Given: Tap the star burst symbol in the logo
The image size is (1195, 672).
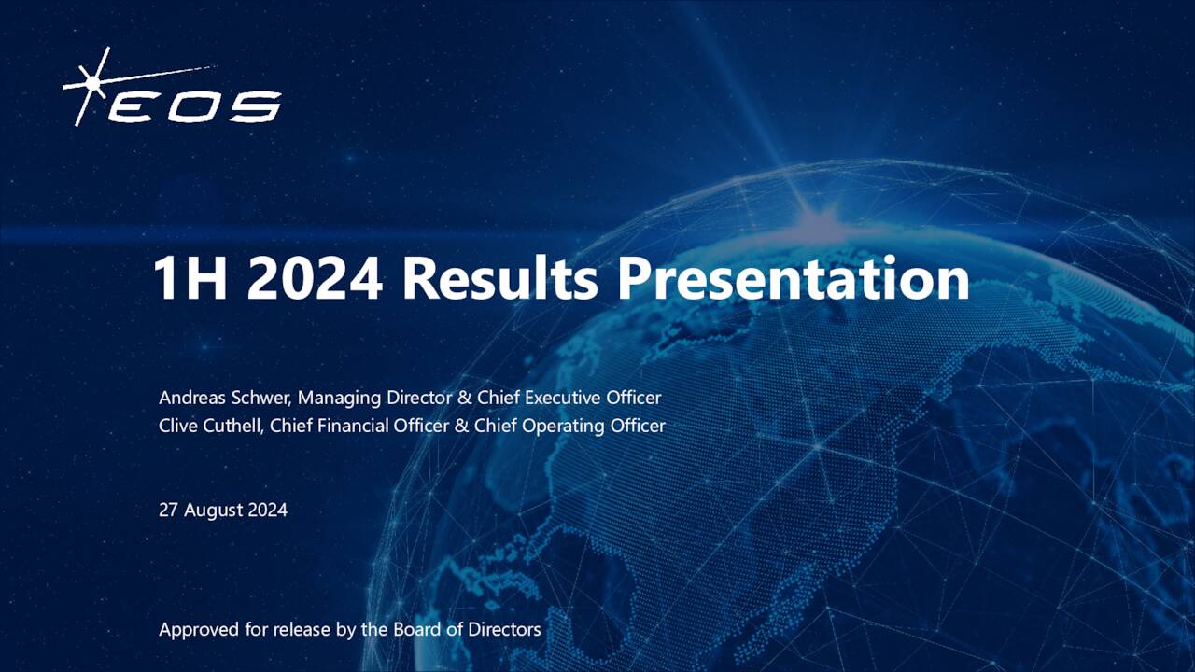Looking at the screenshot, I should pos(93,84).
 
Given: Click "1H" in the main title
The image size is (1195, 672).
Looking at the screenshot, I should pos(190,279).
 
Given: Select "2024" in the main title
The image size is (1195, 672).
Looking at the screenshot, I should pos(316,279).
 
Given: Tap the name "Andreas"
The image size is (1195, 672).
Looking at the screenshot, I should pos(192,398).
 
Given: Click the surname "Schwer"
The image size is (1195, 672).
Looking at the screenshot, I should pos(262,398).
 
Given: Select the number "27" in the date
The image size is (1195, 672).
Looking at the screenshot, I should pos(169,510).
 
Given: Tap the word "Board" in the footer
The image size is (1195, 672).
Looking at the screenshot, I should pos(415,629).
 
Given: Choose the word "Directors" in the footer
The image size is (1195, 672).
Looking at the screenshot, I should pos(504,629).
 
